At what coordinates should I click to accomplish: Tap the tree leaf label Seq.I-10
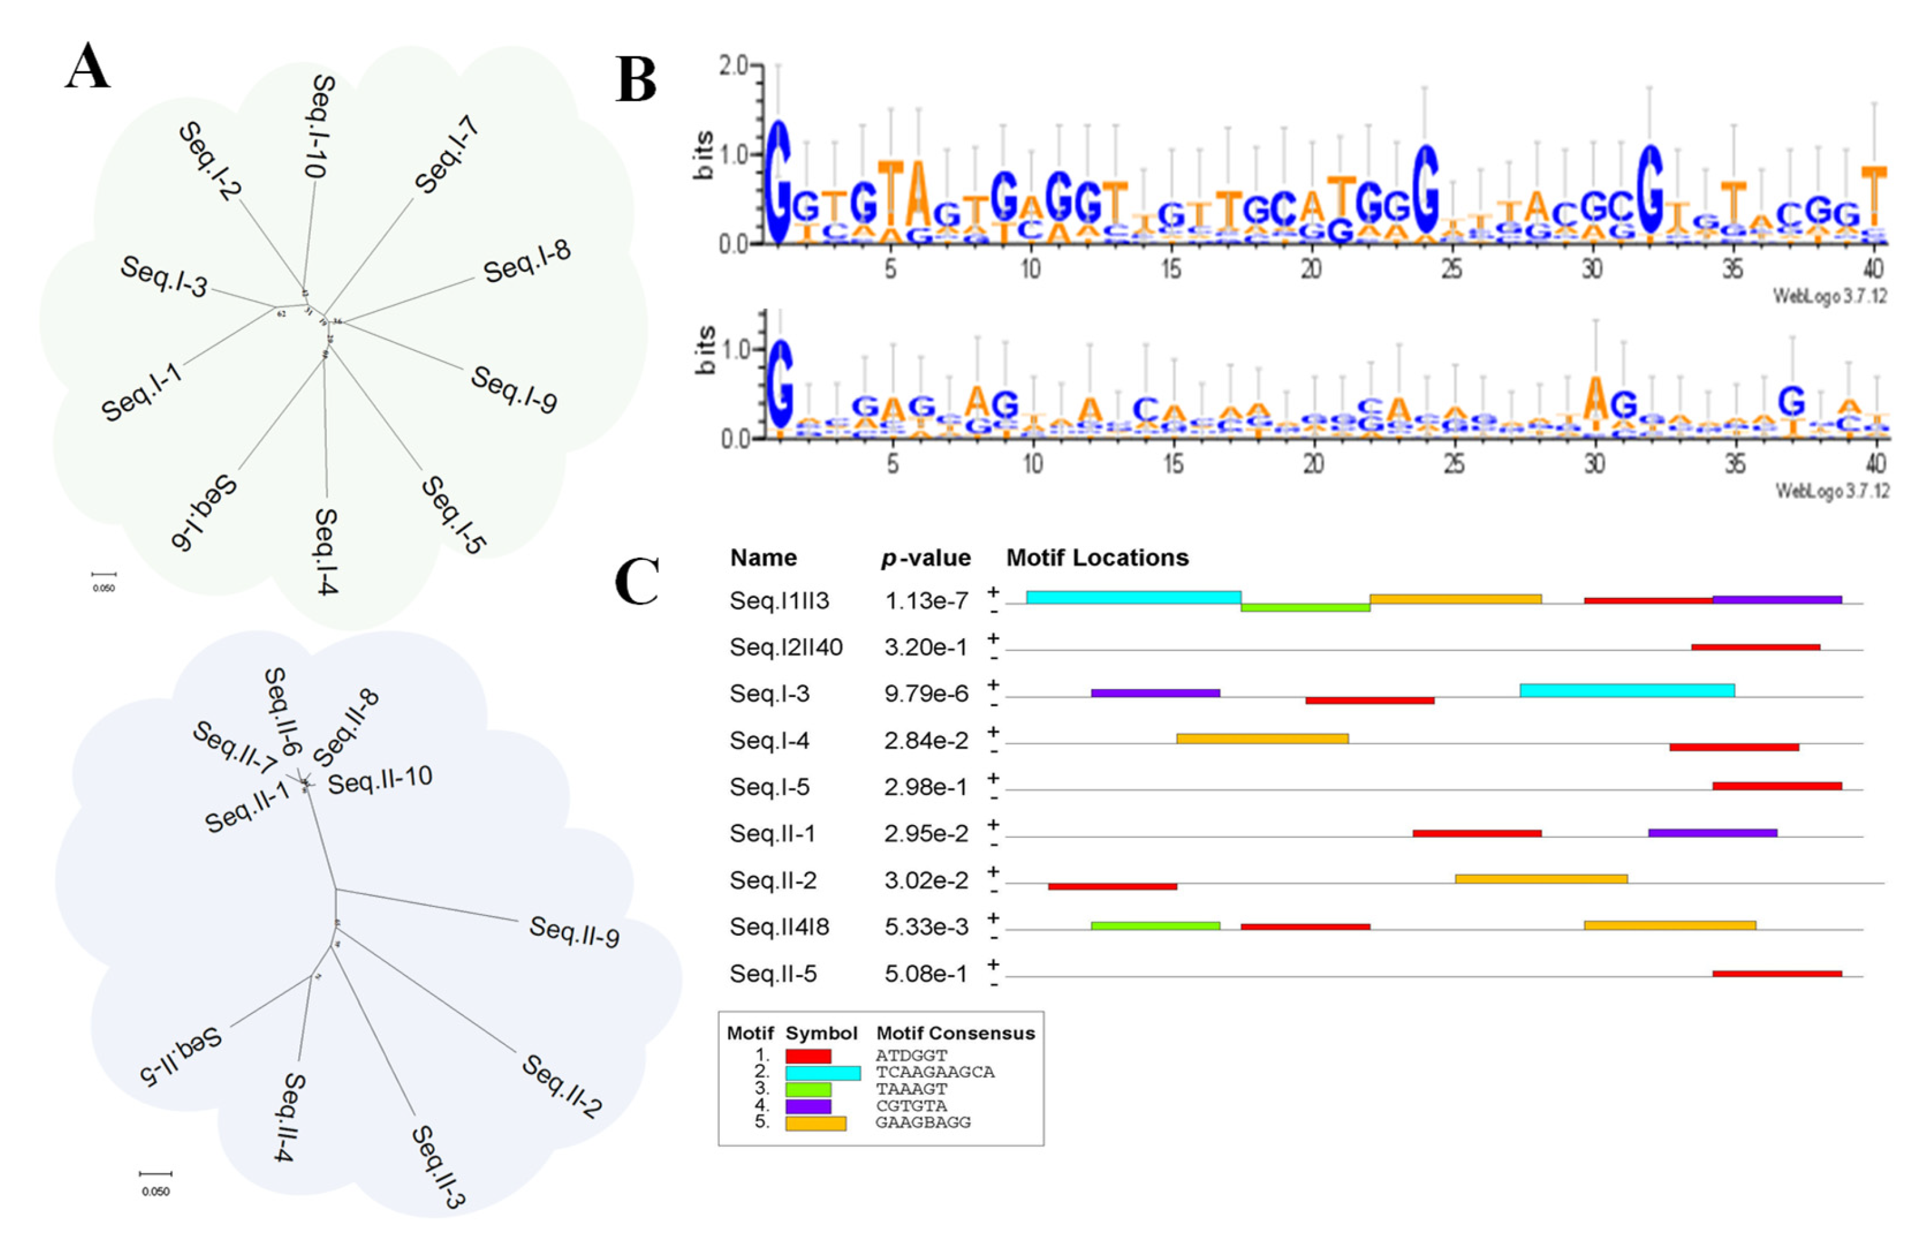(321, 126)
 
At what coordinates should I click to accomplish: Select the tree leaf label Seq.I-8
(527, 261)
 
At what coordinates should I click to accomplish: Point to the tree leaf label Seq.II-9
(574, 932)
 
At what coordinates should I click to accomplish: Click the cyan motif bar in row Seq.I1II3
(1132, 598)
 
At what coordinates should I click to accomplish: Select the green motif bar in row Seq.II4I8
(1155, 925)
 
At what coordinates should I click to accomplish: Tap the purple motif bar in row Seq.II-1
(1712, 832)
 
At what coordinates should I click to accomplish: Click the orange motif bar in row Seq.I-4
(1262, 739)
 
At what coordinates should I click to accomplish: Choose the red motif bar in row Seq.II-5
(1776, 973)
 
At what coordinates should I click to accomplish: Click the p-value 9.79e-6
(926, 694)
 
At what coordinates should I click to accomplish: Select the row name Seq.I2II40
(785, 647)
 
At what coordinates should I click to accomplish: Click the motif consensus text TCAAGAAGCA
(935, 1072)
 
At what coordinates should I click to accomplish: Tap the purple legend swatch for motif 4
(807, 1106)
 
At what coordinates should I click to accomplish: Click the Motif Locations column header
(1096, 558)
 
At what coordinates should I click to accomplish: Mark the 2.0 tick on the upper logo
(733, 65)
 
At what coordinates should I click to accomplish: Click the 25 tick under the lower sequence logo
(1454, 464)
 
